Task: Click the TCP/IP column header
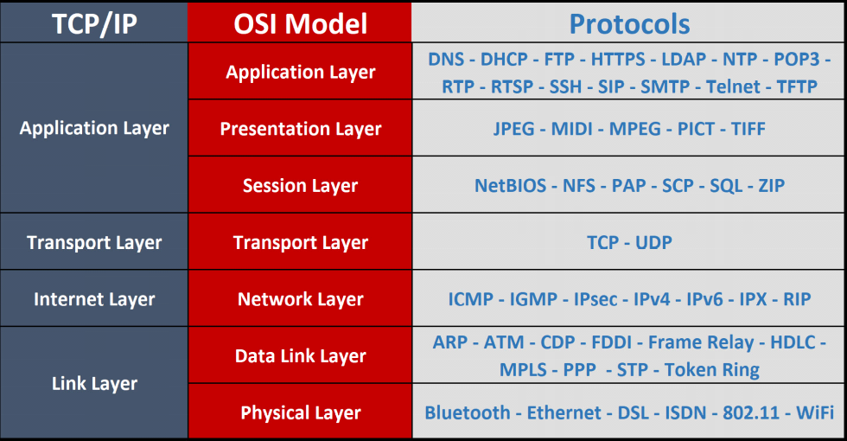click(x=94, y=23)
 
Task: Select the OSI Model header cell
click(x=301, y=23)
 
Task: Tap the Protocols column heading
click(x=629, y=23)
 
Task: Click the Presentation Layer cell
click(x=301, y=129)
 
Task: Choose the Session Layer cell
click(x=301, y=186)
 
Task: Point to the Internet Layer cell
click(x=94, y=300)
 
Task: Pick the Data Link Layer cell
click(x=301, y=355)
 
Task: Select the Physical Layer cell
click(x=301, y=413)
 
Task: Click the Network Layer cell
click(x=301, y=300)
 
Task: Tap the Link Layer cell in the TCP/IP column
click(x=94, y=383)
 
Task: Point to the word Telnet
click(x=733, y=86)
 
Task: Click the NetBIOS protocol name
click(x=510, y=186)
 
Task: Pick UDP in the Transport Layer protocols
click(x=653, y=243)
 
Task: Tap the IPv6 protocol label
click(x=705, y=300)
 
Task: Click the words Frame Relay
click(x=701, y=342)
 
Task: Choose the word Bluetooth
click(x=468, y=413)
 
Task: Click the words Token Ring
click(x=712, y=370)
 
